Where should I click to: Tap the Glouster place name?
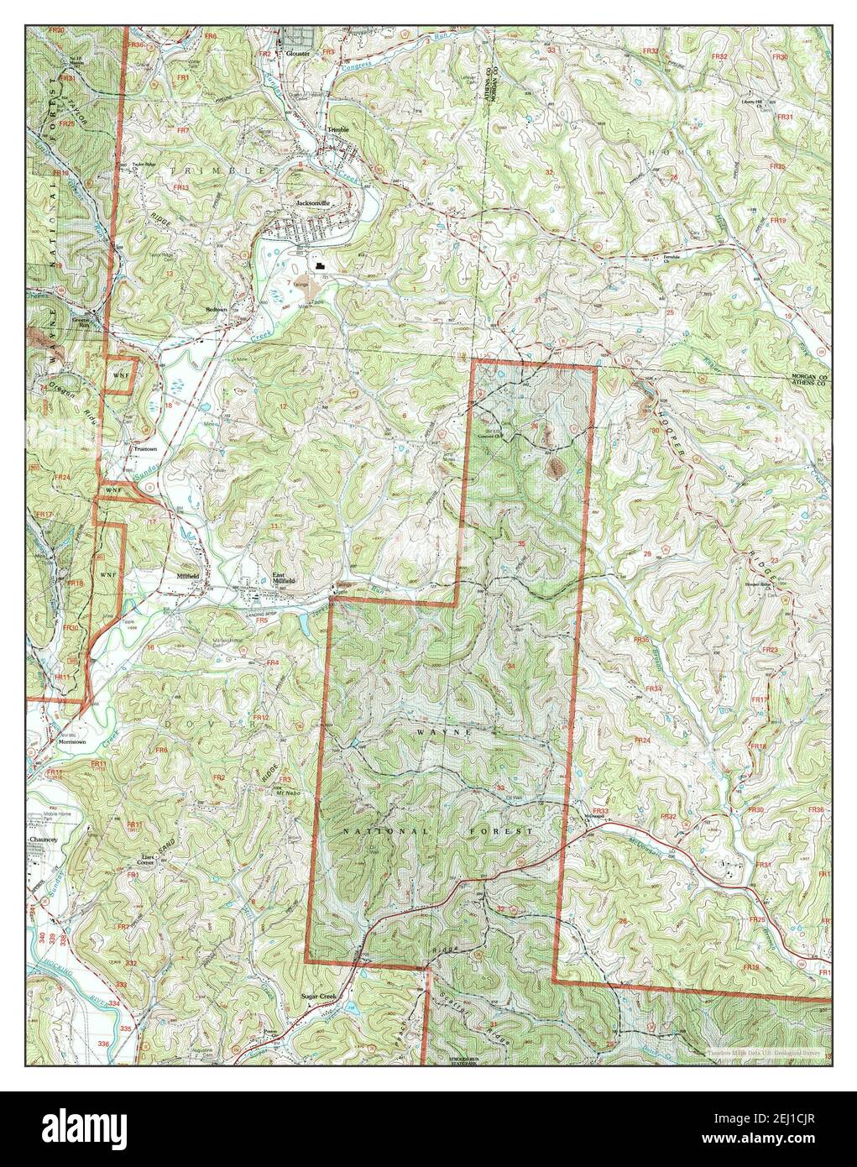297,52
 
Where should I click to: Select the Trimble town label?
339,129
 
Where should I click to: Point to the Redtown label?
218,309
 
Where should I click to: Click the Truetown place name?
144,448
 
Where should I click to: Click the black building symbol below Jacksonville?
320,266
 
